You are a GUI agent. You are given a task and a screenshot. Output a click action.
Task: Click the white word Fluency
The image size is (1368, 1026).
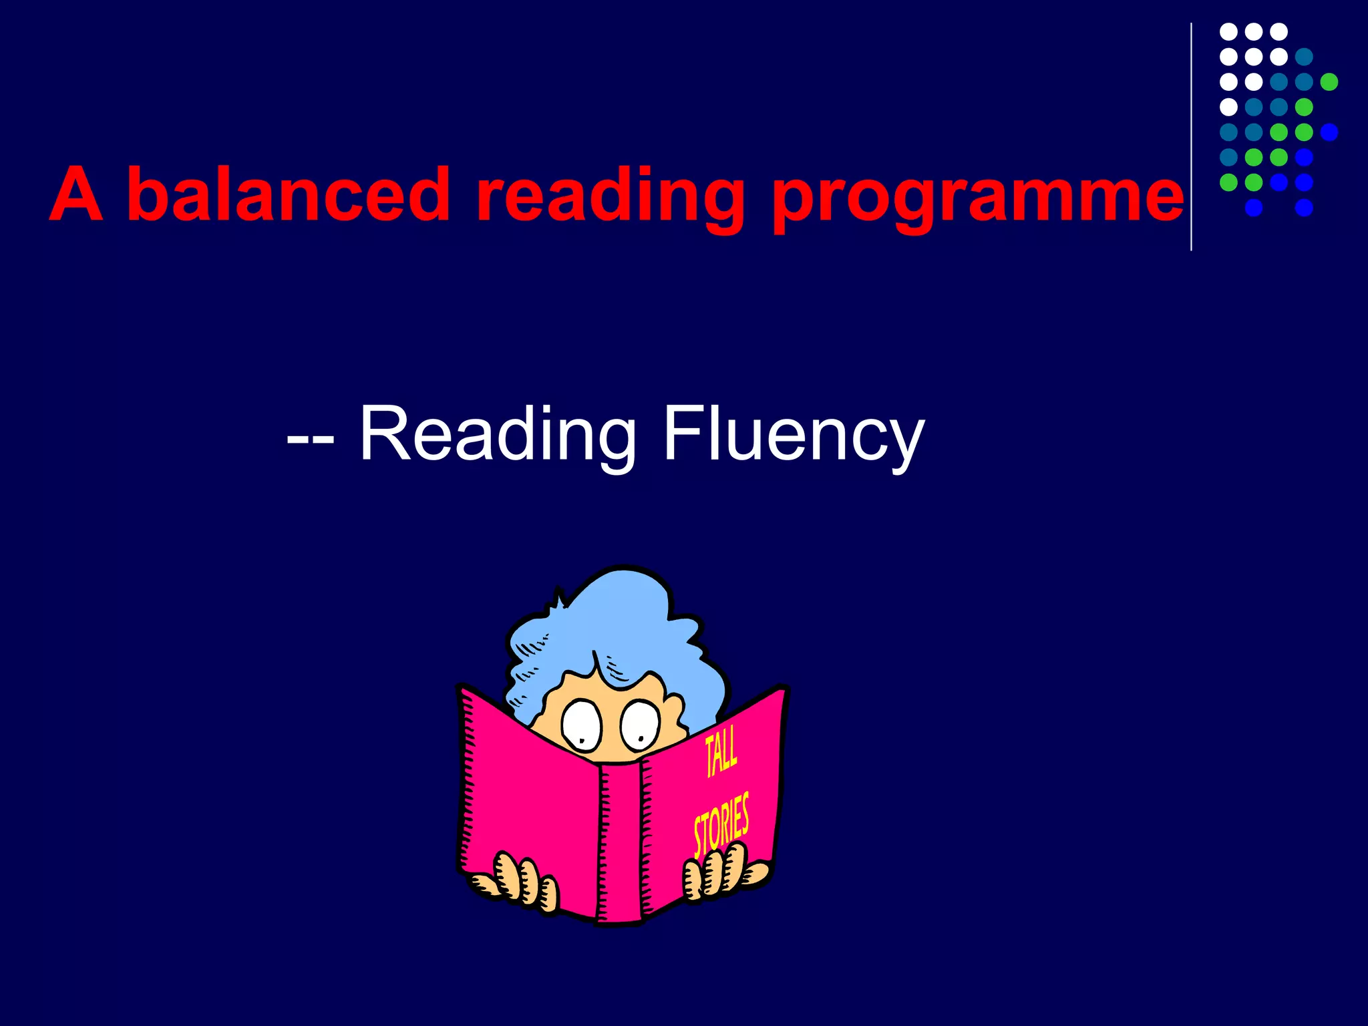pos(794,436)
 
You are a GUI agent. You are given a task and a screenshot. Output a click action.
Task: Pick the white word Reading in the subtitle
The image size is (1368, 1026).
pos(498,436)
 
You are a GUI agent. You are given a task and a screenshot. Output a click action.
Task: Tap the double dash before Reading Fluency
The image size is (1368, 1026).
pos(310,441)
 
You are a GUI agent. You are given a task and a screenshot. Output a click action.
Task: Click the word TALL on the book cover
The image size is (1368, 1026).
pos(721,752)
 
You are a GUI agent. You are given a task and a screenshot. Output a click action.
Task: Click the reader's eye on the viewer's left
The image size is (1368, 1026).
pos(582,726)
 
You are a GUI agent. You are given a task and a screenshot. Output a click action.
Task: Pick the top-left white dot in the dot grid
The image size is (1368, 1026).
pos(1228,31)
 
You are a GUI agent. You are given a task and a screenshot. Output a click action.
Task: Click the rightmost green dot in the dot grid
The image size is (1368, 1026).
pos(1329,81)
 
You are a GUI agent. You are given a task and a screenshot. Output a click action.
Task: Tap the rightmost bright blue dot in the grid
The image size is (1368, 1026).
pos(1329,132)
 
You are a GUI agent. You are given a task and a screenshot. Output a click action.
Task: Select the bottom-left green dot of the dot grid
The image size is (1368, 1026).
pos(1228,182)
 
